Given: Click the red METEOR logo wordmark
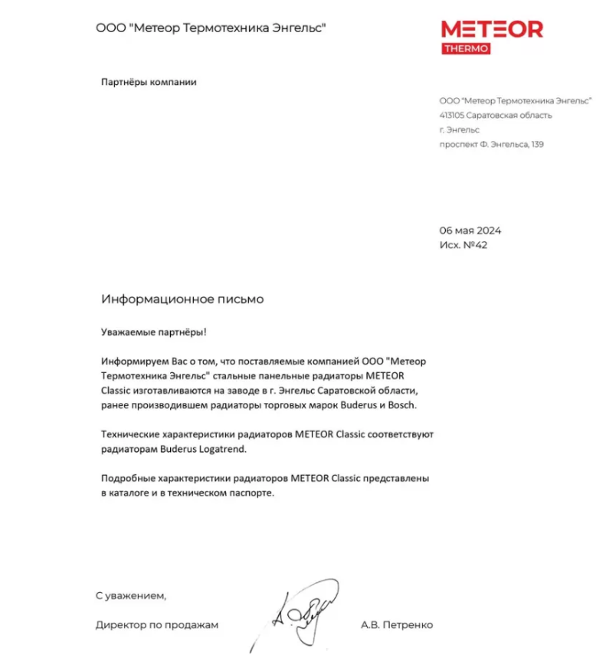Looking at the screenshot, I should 492,29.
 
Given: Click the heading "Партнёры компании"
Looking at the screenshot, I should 149,82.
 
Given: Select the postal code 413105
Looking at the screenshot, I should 451,116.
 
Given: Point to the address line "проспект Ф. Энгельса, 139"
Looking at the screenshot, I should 491,144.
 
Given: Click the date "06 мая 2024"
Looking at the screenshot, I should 470,231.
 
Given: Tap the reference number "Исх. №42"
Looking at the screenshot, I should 464,245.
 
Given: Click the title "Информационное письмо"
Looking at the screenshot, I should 182,300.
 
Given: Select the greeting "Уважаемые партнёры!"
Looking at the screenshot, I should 154,332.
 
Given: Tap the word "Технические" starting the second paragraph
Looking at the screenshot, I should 130,434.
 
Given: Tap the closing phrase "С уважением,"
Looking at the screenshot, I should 130,594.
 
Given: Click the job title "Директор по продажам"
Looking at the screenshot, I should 157,624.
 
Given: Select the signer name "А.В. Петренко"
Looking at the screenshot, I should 397,624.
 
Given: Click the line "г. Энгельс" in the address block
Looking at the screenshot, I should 460,130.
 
